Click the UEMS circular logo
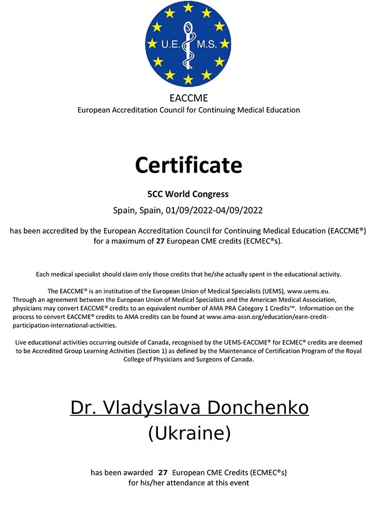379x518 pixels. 188,44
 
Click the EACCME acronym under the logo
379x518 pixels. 188,98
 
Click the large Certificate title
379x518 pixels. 188,165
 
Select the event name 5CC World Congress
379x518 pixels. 188,195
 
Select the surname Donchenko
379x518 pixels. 259,408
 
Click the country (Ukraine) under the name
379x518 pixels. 189,433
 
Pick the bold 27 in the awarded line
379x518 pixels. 163,472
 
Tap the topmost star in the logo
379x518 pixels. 188,8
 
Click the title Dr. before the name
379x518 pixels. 83,408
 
